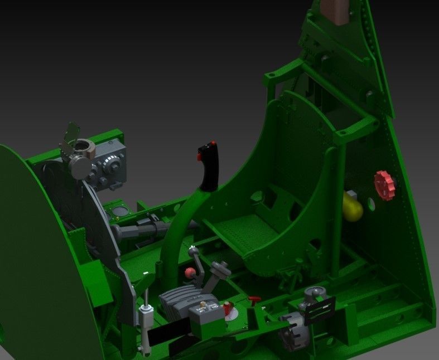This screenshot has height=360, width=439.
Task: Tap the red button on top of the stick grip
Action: (213, 144)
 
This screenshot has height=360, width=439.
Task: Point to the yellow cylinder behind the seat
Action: (352, 206)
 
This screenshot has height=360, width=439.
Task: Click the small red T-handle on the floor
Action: (254, 300)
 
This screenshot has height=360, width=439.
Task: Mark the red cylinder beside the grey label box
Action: (228, 309)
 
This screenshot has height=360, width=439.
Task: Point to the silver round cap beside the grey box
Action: (81, 165)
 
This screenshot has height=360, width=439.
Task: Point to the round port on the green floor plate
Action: (120, 211)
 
